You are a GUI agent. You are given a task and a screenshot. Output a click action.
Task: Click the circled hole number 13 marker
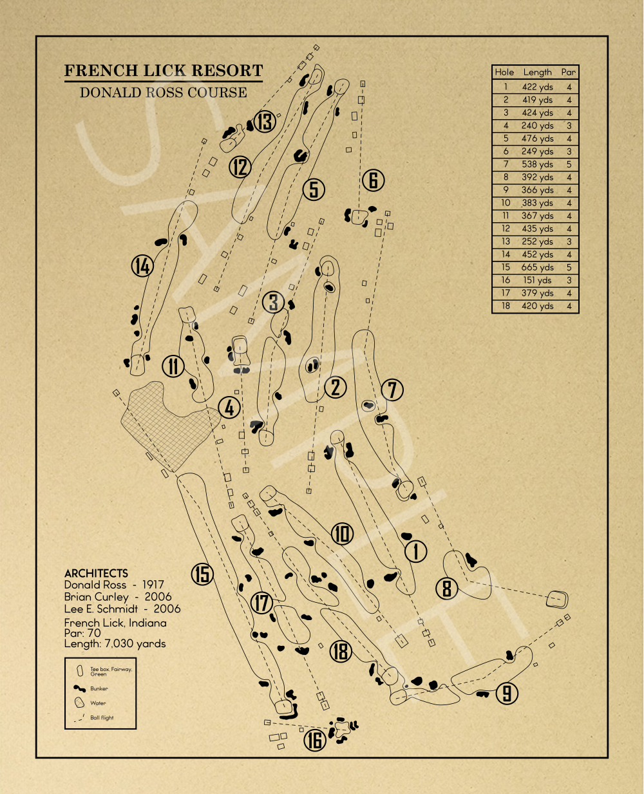[265, 122]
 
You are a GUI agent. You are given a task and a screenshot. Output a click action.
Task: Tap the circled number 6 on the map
[373, 180]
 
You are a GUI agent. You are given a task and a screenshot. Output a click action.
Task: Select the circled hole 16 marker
[315, 741]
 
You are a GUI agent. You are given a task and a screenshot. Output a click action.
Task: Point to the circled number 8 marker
[446, 588]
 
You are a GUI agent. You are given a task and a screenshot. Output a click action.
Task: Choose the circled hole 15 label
[202, 573]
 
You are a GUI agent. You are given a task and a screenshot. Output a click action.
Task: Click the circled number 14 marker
[142, 265]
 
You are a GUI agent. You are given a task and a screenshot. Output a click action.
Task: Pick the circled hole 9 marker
[507, 693]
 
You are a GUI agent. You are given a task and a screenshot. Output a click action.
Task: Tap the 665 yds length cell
[538, 267]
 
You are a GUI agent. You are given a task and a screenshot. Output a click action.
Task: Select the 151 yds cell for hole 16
[538, 280]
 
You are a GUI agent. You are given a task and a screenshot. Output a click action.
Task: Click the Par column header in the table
[568, 72]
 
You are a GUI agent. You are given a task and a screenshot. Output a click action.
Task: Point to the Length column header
[537, 72]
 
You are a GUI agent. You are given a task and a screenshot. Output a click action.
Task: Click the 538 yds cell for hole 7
[538, 164]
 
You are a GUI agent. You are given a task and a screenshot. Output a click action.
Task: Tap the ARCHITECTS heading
[96, 573]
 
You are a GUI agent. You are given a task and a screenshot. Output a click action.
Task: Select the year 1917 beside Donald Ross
[153, 585]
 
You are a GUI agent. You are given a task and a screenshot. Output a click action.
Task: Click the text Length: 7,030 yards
[115, 643]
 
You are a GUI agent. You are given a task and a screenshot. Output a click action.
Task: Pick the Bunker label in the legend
[99, 688]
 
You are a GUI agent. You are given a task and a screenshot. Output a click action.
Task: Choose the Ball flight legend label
[102, 717]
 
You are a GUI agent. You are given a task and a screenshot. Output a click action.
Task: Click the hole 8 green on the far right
[557, 600]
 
